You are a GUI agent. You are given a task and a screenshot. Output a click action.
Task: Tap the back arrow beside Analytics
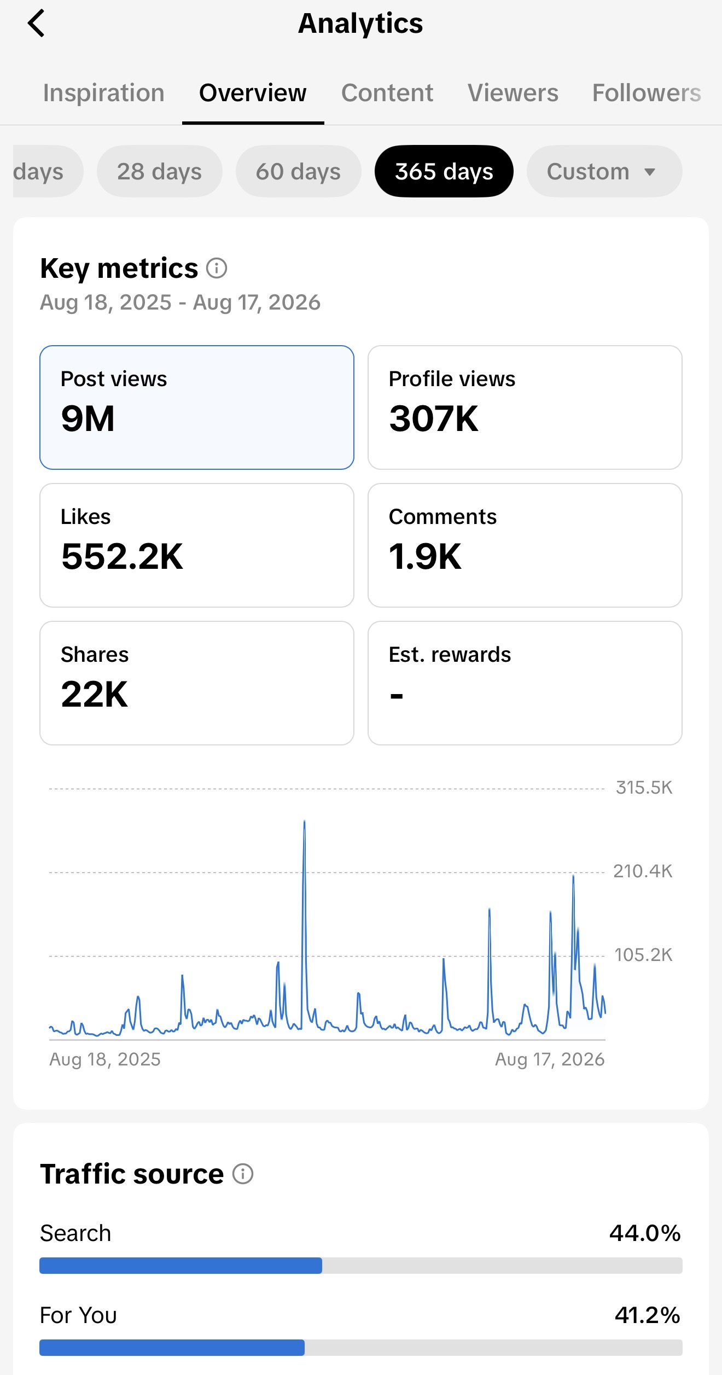(36, 24)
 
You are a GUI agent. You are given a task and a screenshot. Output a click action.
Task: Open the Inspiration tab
(104, 93)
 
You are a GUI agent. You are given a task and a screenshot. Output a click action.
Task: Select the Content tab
(387, 93)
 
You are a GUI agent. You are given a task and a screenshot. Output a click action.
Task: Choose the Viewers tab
(513, 93)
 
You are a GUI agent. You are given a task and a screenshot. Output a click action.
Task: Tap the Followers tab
(647, 93)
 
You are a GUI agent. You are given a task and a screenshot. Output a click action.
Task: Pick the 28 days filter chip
(160, 171)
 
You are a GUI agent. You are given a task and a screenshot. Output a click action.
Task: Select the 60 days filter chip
(299, 171)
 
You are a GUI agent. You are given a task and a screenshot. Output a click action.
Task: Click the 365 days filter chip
(444, 171)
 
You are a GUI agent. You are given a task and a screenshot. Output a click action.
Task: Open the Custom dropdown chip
(604, 171)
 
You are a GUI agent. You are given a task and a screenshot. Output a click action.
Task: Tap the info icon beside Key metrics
(217, 269)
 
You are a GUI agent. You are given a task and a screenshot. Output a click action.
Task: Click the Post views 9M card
(197, 407)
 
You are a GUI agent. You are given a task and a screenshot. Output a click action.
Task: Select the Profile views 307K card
(525, 407)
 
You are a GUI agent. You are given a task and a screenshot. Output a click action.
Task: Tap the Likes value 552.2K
(123, 556)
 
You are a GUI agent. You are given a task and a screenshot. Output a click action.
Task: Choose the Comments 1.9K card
(525, 545)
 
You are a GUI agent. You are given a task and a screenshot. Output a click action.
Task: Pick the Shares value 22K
(95, 694)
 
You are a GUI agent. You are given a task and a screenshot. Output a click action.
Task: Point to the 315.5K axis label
(644, 788)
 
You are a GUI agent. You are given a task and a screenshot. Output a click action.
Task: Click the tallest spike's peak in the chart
(304, 821)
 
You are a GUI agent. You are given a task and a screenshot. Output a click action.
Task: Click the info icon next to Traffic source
(243, 1174)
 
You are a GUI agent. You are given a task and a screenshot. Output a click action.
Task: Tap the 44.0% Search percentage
(645, 1233)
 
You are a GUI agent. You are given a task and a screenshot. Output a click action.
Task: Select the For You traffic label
(78, 1315)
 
